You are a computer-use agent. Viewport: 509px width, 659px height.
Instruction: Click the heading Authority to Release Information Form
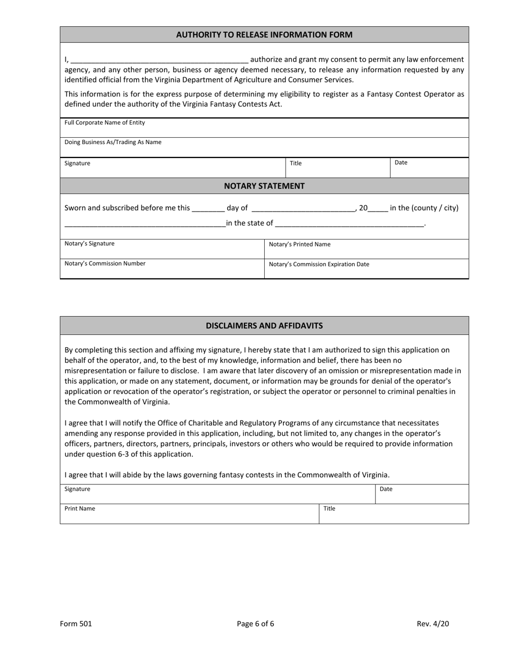264,35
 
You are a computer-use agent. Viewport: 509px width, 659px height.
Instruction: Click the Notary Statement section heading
264,186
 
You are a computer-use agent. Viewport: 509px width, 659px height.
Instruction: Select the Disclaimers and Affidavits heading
264,326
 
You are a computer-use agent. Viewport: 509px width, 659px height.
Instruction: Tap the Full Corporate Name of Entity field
264,129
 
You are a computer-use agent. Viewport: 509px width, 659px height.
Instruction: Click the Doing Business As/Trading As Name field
264,148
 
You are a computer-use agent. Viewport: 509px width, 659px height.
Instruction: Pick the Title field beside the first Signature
338,168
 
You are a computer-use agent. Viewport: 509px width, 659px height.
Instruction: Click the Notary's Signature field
162,250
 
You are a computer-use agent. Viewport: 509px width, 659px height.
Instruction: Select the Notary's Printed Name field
366,250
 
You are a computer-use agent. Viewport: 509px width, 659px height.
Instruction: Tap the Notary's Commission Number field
162,269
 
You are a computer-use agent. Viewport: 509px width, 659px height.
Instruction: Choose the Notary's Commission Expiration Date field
366,270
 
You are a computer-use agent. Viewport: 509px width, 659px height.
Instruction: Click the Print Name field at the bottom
189,514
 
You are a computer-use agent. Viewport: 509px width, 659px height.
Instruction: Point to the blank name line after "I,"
159,60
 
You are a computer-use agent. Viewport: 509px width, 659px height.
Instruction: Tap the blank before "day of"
208,208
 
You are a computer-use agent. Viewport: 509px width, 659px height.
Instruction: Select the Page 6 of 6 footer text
256,624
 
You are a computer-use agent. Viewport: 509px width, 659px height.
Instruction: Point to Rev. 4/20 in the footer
433,624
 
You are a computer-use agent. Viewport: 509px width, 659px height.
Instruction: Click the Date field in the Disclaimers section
422,495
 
